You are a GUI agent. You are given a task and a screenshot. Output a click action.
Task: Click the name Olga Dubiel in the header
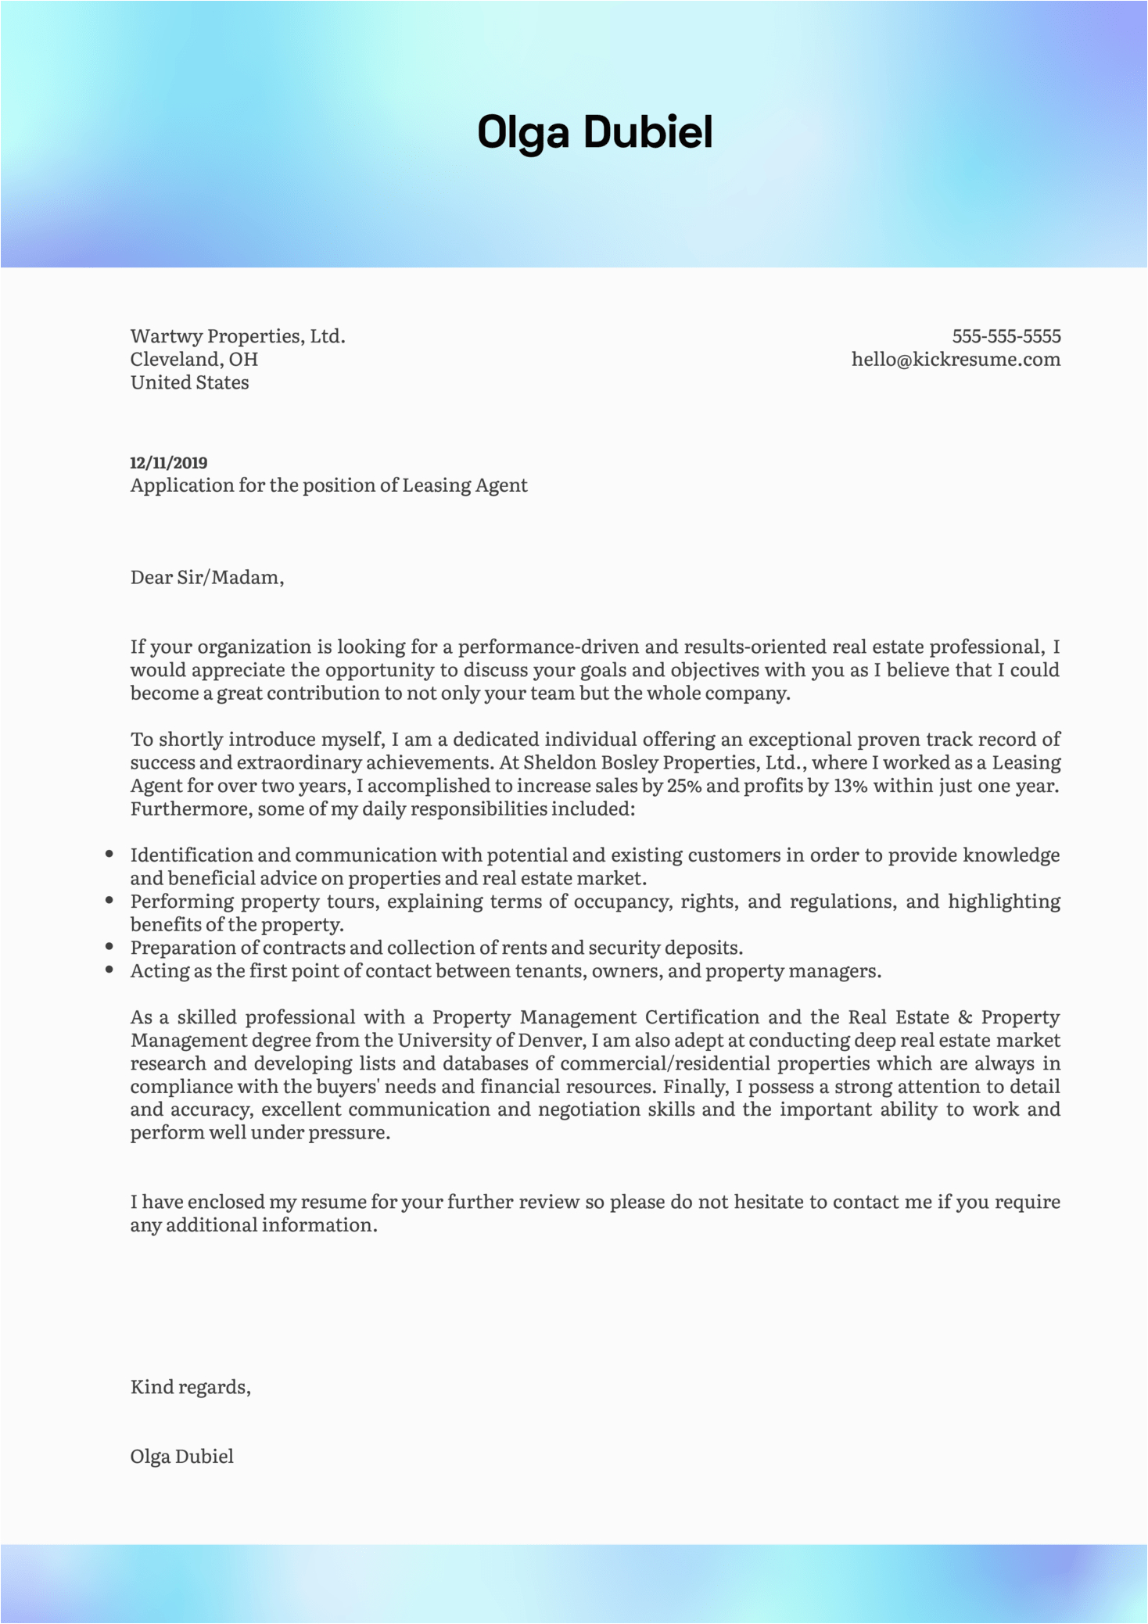[x=594, y=132]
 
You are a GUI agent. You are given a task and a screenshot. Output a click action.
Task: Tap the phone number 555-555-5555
[x=1006, y=336]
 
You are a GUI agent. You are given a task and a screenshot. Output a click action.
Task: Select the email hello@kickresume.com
[x=956, y=360]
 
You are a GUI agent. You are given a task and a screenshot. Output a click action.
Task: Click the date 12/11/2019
[x=169, y=463]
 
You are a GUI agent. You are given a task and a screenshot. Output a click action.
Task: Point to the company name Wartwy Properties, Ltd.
[x=238, y=336]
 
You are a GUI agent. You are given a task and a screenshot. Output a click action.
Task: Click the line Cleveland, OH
[x=194, y=360]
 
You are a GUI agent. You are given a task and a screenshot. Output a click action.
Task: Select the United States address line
[x=189, y=383]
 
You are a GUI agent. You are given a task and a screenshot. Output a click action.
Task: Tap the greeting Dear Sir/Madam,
[x=207, y=578]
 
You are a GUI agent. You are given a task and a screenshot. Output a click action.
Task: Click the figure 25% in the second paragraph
[x=684, y=786]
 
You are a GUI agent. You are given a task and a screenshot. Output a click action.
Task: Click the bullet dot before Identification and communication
[x=109, y=855]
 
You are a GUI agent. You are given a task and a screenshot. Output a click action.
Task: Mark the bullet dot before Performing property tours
[x=109, y=901]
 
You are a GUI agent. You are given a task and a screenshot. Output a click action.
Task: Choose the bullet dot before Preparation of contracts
[x=109, y=948]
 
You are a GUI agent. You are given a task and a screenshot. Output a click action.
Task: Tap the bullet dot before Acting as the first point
[x=109, y=970]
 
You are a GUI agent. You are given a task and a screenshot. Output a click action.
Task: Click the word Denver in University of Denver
[x=555, y=1041]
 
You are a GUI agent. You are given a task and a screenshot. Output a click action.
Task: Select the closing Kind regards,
[x=191, y=1387]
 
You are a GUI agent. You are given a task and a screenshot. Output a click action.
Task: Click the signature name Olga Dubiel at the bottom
[x=182, y=1456]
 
